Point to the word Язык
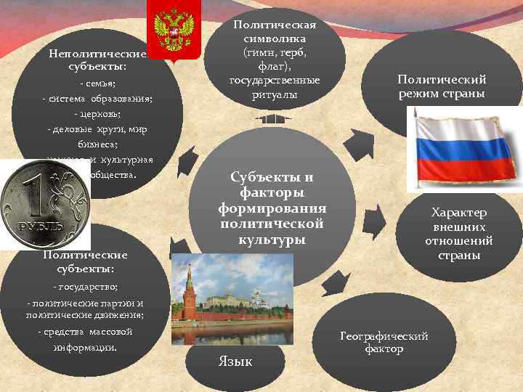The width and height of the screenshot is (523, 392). click(235, 361)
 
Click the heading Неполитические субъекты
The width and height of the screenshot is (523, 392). click(97, 60)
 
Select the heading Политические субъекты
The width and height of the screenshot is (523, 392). click(85, 262)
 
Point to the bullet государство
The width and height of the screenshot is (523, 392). click(86, 287)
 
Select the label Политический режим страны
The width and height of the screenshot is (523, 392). click(442, 86)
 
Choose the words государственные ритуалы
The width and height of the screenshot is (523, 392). click(275, 86)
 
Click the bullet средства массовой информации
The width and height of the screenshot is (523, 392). click(85, 339)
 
